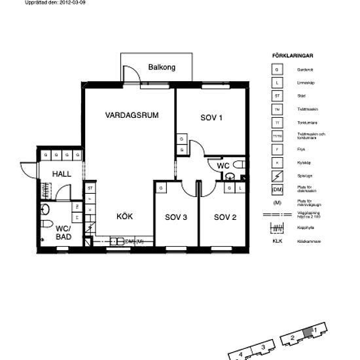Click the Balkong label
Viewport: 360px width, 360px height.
162,67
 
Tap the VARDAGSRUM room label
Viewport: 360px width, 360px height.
132,115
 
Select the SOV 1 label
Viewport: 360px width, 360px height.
211,118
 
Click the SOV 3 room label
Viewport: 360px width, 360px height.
176,217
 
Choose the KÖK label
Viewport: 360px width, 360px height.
125,216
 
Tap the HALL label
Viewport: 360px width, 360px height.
62,173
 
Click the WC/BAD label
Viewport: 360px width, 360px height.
63,232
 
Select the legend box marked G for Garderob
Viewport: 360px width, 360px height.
277,69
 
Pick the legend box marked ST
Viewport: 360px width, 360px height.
277,96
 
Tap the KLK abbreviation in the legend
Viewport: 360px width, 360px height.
277,241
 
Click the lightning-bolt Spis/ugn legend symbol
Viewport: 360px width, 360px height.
277,176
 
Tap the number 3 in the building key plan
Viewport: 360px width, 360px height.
262,347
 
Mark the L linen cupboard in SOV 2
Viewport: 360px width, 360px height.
240,189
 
